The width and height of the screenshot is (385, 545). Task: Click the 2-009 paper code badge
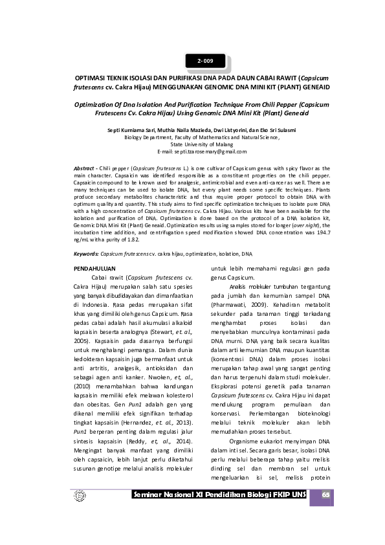206,61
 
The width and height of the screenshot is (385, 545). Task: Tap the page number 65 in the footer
326,495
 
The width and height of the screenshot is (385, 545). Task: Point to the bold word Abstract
83,168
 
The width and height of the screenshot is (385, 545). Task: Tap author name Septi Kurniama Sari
128,130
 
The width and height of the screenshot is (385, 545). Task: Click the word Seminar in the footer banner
150,495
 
